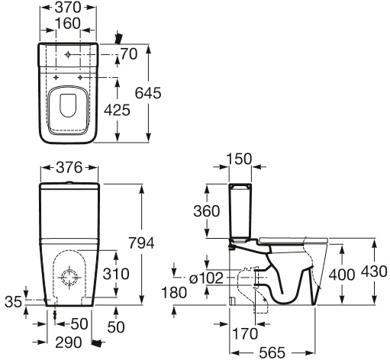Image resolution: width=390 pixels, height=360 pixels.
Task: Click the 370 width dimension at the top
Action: (x=68, y=8)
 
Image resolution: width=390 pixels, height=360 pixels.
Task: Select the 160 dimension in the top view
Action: (x=68, y=23)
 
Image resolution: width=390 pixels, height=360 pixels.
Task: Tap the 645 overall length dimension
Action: (x=148, y=93)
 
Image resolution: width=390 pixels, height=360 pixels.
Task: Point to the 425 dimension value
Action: (x=118, y=110)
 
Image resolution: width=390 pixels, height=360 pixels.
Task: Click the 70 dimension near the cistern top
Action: (x=129, y=54)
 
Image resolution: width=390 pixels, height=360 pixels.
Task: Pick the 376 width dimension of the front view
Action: (x=69, y=168)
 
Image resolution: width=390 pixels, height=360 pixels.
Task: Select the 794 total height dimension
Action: (x=141, y=243)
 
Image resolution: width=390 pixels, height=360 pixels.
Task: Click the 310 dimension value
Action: (x=116, y=274)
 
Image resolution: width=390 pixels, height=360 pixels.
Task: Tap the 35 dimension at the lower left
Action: (x=13, y=302)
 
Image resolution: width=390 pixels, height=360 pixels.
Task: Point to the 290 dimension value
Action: (x=69, y=342)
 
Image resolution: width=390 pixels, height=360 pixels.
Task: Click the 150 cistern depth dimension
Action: (x=239, y=159)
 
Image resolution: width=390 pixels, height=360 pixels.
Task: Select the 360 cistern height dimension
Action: (x=206, y=211)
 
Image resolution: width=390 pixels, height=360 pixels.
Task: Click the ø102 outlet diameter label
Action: (x=206, y=278)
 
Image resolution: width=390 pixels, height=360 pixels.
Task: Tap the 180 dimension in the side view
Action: (x=174, y=293)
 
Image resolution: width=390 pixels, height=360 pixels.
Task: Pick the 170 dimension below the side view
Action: (x=245, y=333)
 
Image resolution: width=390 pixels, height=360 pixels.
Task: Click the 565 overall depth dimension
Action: (x=272, y=352)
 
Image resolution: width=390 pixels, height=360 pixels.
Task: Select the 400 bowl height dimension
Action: (x=341, y=275)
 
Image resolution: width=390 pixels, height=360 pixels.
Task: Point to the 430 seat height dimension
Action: (x=374, y=272)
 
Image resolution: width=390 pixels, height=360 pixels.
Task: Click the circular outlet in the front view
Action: (x=69, y=278)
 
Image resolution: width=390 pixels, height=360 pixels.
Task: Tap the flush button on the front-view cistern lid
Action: (x=69, y=182)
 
